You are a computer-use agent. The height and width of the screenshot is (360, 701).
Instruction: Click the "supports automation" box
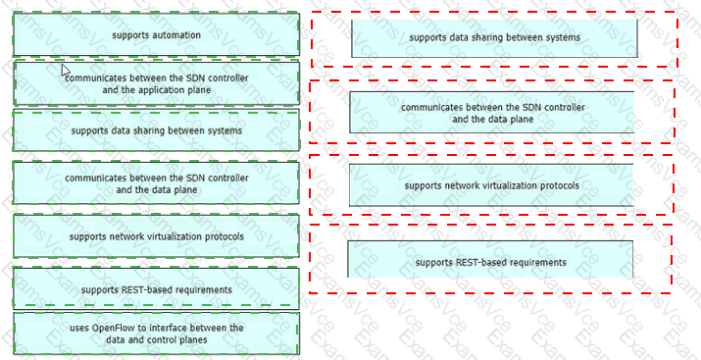(157, 34)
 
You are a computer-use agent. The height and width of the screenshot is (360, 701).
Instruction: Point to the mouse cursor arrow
(66, 71)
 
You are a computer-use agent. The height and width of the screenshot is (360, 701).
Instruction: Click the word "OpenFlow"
(111, 328)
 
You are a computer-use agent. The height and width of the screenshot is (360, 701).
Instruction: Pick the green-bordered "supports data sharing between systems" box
(157, 130)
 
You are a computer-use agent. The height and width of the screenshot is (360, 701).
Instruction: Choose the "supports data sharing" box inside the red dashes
(494, 38)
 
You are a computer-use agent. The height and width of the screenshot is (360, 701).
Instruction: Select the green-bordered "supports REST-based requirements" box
(157, 289)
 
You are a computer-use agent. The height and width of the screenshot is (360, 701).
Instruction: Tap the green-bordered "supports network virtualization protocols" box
(157, 236)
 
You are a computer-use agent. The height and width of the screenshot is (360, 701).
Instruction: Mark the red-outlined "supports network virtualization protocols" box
(492, 185)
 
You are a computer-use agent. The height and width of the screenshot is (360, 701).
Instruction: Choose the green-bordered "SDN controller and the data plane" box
(157, 183)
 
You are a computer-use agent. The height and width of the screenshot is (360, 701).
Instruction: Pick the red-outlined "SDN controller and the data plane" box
(492, 113)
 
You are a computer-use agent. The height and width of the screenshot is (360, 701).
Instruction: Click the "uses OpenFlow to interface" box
(157, 334)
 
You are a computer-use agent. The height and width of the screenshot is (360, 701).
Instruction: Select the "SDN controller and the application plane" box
(157, 83)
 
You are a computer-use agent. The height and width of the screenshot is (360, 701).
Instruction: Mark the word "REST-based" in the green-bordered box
(144, 289)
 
